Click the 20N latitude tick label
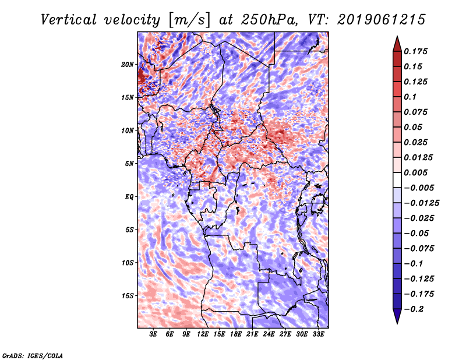coord(128,64)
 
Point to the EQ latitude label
coord(129,196)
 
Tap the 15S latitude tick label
coord(128,295)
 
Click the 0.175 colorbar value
coord(416,51)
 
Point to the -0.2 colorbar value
coord(415,309)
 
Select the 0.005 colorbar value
coord(416,172)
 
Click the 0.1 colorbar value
coord(411,97)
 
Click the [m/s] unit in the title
coord(188,19)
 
